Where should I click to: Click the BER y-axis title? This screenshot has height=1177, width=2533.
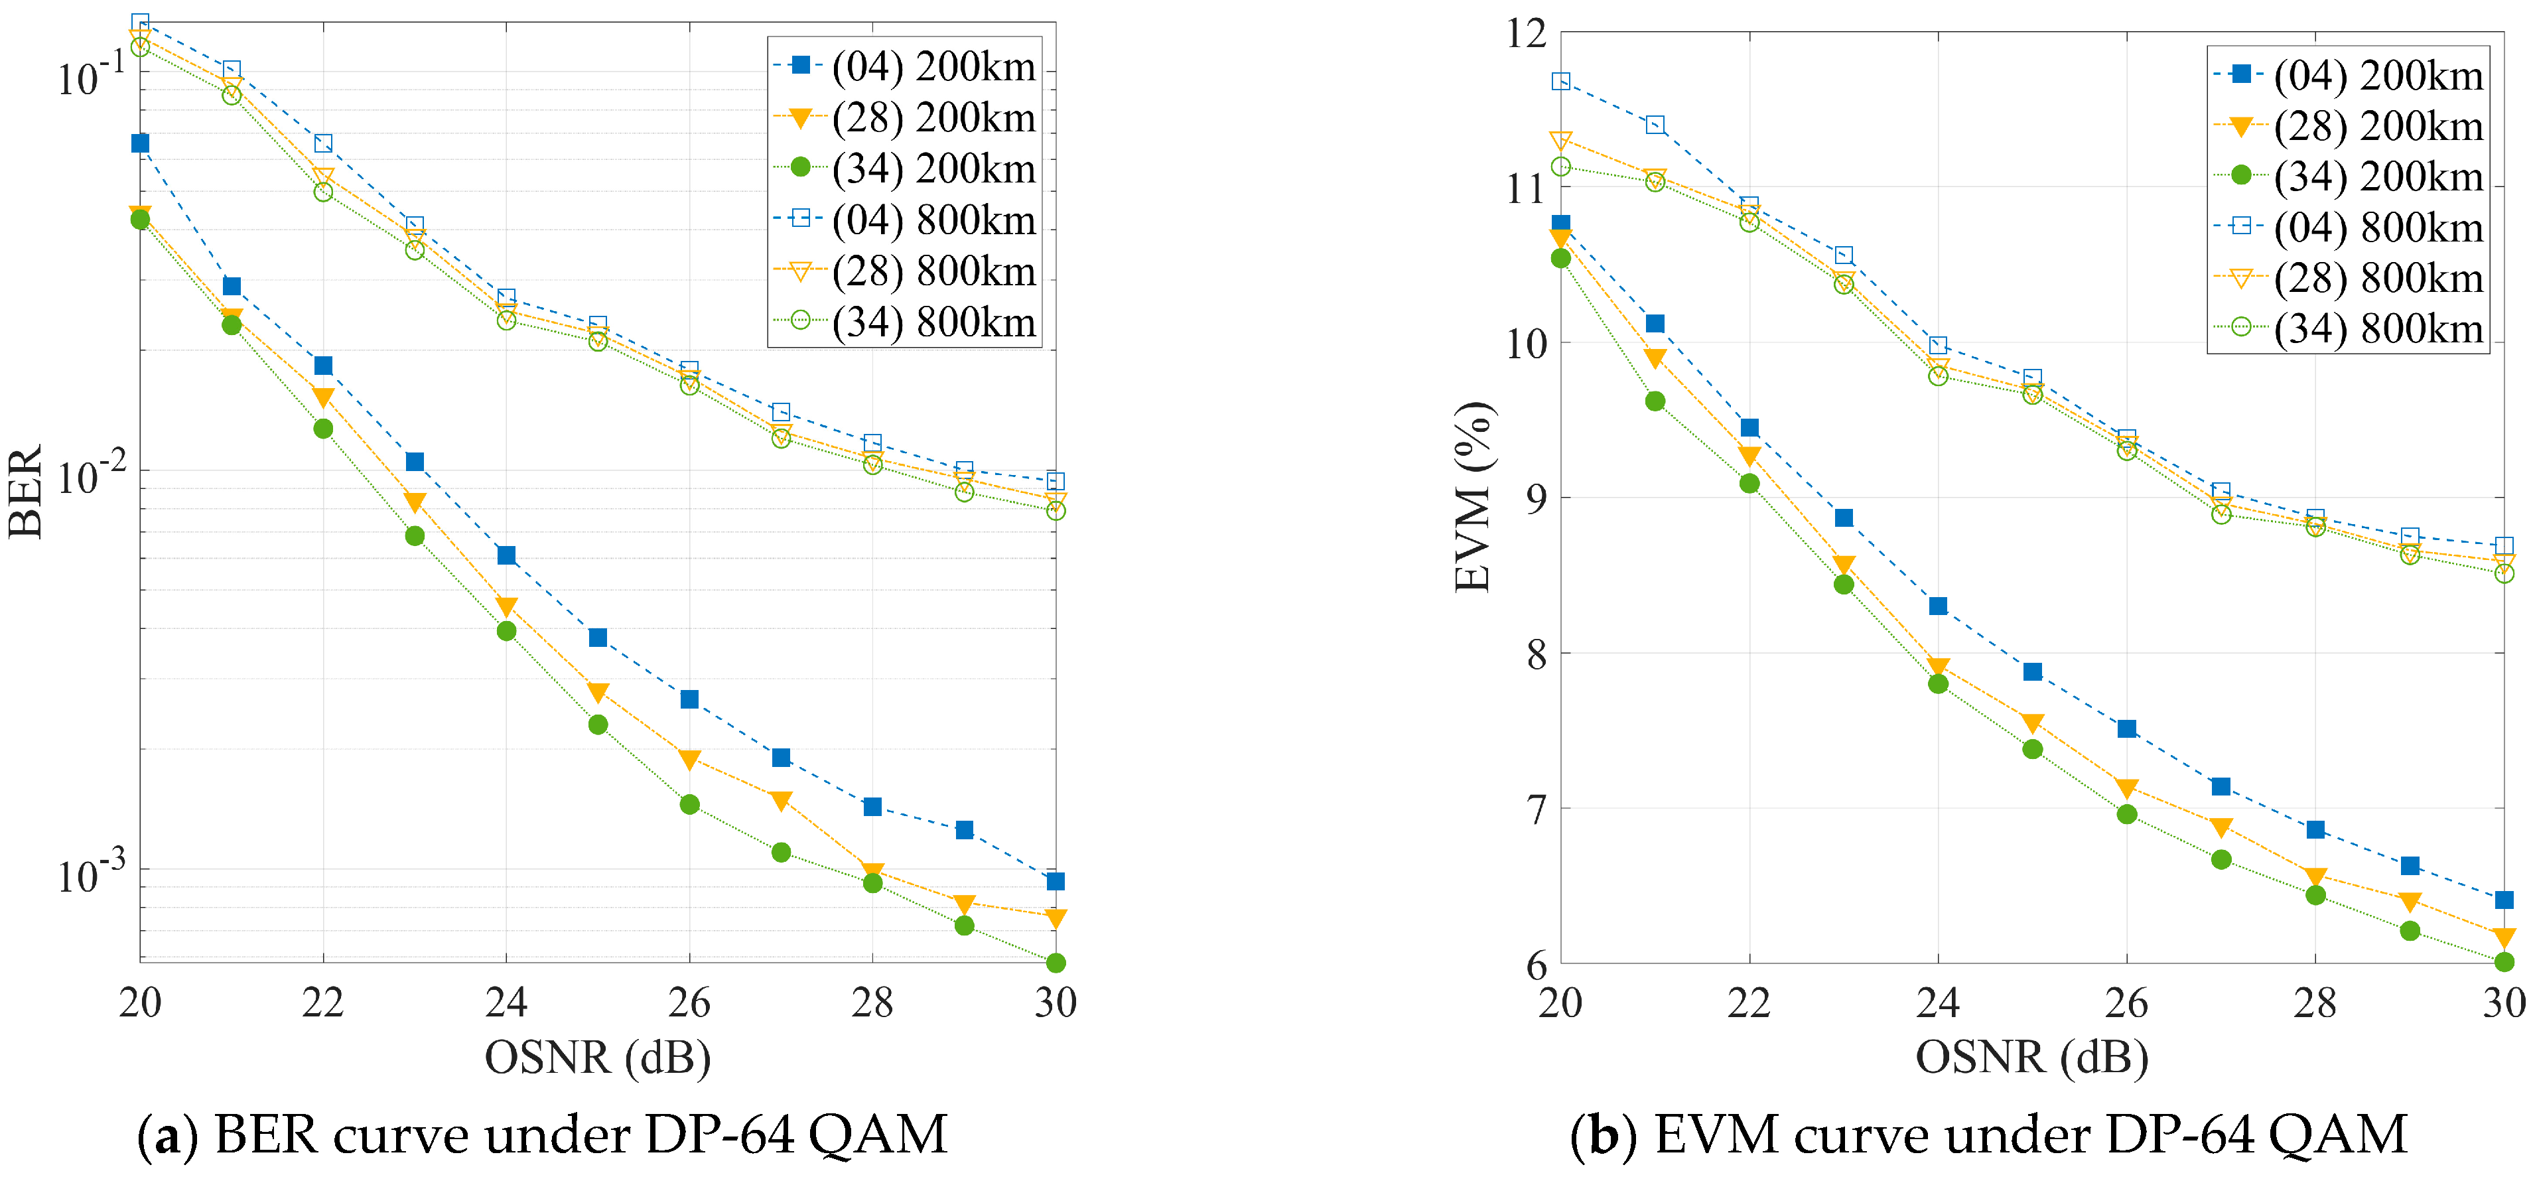[26, 491]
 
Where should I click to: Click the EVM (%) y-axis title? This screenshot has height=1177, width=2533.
[1472, 496]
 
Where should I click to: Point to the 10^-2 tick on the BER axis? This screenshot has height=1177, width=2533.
[90, 475]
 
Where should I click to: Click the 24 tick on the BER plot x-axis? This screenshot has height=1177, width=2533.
[506, 1003]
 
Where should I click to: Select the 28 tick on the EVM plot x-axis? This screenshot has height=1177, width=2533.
[2315, 1003]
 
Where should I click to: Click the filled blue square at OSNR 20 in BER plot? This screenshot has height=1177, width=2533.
[141, 143]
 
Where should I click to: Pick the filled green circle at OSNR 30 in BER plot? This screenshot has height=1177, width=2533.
[1055, 963]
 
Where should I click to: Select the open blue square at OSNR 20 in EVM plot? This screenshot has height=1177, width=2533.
[1560, 82]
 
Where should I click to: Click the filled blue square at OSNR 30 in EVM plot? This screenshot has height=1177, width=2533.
[2504, 900]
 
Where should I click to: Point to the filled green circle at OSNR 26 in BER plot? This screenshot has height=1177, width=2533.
[689, 804]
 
